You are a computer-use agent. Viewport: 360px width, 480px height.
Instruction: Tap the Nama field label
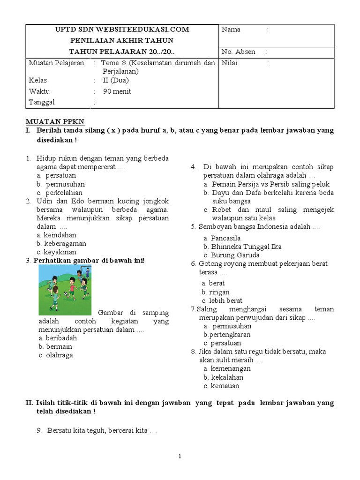[231, 30]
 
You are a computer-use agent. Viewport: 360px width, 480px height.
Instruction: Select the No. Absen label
[238, 52]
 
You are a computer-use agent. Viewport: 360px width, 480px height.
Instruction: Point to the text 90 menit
[117, 91]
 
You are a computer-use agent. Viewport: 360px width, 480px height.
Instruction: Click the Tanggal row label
[42, 102]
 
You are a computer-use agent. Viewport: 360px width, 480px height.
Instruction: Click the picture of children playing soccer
[65, 290]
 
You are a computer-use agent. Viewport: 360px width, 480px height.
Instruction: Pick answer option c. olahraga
[56, 355]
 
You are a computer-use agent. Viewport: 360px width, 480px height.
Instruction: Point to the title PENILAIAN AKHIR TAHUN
[122, 40]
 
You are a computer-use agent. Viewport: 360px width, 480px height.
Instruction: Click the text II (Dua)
[116, 80]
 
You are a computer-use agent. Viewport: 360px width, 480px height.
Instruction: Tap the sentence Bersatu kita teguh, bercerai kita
[97, 430]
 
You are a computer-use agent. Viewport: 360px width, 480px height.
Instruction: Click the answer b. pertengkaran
[227, 335]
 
